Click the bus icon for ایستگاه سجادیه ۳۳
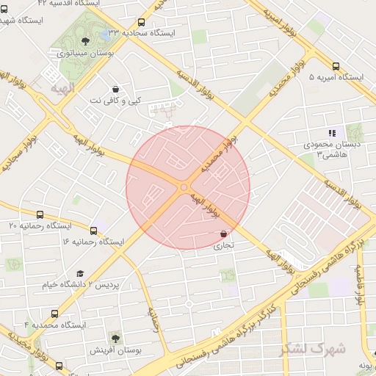[141, 23]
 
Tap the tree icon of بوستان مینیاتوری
[86, 41]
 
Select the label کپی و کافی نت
[120, 99]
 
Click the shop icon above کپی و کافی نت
[115, 88]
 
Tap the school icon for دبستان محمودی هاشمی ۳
[332, 133]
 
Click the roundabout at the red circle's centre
[183, 187]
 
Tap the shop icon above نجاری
[223, 234]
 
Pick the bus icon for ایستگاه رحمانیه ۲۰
[39, 215]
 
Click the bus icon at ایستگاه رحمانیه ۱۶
[93, 230]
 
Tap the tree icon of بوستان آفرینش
[115, 336]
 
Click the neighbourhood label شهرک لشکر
[312, 349]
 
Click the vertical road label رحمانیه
[154, 319]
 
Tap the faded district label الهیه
[62, 88]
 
